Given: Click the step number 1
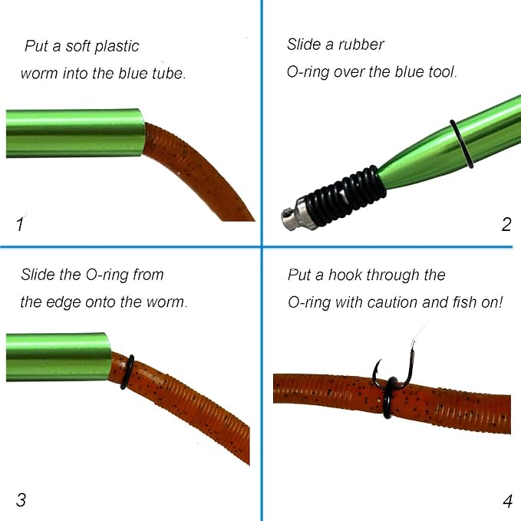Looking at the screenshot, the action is click(x=20, y=224).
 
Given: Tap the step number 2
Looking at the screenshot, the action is click(x=506, y=225).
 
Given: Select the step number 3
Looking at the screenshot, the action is click(x=21, y=500).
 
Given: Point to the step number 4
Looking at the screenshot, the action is click(x=508, y=501).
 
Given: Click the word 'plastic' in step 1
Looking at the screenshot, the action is click(x=117, y=47).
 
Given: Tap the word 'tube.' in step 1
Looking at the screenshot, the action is click(x=169, y=74).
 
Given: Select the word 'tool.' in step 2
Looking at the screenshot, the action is click(x=443, y=71).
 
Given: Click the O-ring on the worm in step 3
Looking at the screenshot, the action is click(x=127, y=372).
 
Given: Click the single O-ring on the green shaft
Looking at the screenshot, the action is click(x=460, y=144).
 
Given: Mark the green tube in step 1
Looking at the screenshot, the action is click(x=75, y=133).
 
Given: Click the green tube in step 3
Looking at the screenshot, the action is click(x=58, y=357).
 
